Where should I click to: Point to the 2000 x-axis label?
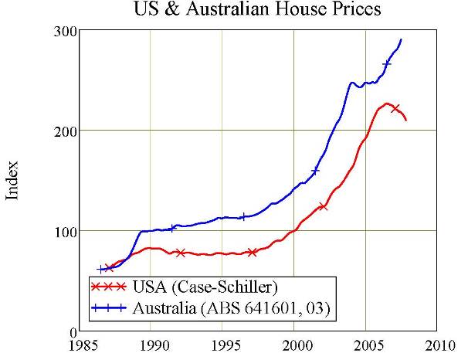(294, 345)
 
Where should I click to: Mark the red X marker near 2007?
(396, 108)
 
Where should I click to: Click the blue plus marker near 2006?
(387, 63)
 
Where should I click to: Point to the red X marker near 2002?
(323, 206)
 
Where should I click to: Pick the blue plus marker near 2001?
(315, 171)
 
